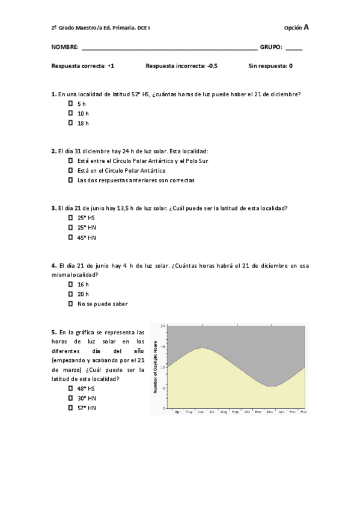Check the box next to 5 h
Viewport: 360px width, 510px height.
[x=70, y=103]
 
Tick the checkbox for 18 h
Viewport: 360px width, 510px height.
[x=70, y=123]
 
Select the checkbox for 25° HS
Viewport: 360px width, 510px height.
[x=70, y=218]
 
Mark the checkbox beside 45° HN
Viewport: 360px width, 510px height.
[x=70, y=237]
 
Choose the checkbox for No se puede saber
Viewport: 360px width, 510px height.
[x=70, y=303]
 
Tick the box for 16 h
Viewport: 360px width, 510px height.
[x=70, y=284]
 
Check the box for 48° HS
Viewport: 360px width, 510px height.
[x=70, y=388]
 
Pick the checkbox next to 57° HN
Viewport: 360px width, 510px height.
[x=70, y=407]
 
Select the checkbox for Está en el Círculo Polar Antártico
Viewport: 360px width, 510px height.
[x=70, y=170]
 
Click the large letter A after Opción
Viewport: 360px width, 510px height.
[x=307, y=27]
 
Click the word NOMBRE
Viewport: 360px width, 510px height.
[x=65, y=47]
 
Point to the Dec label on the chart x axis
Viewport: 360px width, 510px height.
[x=270, y=412]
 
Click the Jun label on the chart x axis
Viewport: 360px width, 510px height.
[x=201, y=412]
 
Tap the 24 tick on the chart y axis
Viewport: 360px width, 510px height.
[x=162, y=326]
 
